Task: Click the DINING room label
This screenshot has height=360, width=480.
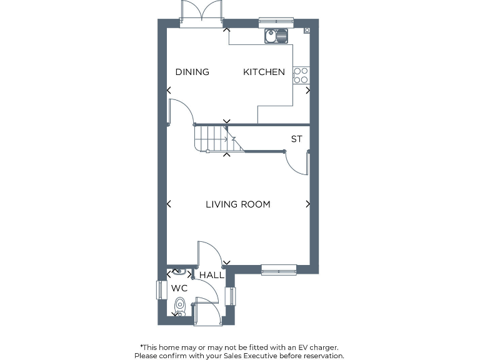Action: click(192, 72)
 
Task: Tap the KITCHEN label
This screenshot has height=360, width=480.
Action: click(264, 72)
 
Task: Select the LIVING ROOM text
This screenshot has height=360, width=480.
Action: click(238, 204)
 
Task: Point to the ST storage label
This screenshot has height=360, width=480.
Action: click(296, 139)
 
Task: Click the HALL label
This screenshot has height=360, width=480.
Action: click(211, 274)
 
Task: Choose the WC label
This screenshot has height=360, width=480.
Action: click(179, 288)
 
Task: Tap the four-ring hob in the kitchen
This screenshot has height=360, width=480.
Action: click(301, 76)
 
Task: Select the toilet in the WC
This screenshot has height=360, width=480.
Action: click(180, 306)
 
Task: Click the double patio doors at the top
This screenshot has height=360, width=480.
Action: click(202, 12)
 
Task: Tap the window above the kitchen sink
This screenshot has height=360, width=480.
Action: click(276, 22)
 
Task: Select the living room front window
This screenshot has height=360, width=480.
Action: click(279, 270)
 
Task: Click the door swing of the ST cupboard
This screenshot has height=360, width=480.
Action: click(297, 164)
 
